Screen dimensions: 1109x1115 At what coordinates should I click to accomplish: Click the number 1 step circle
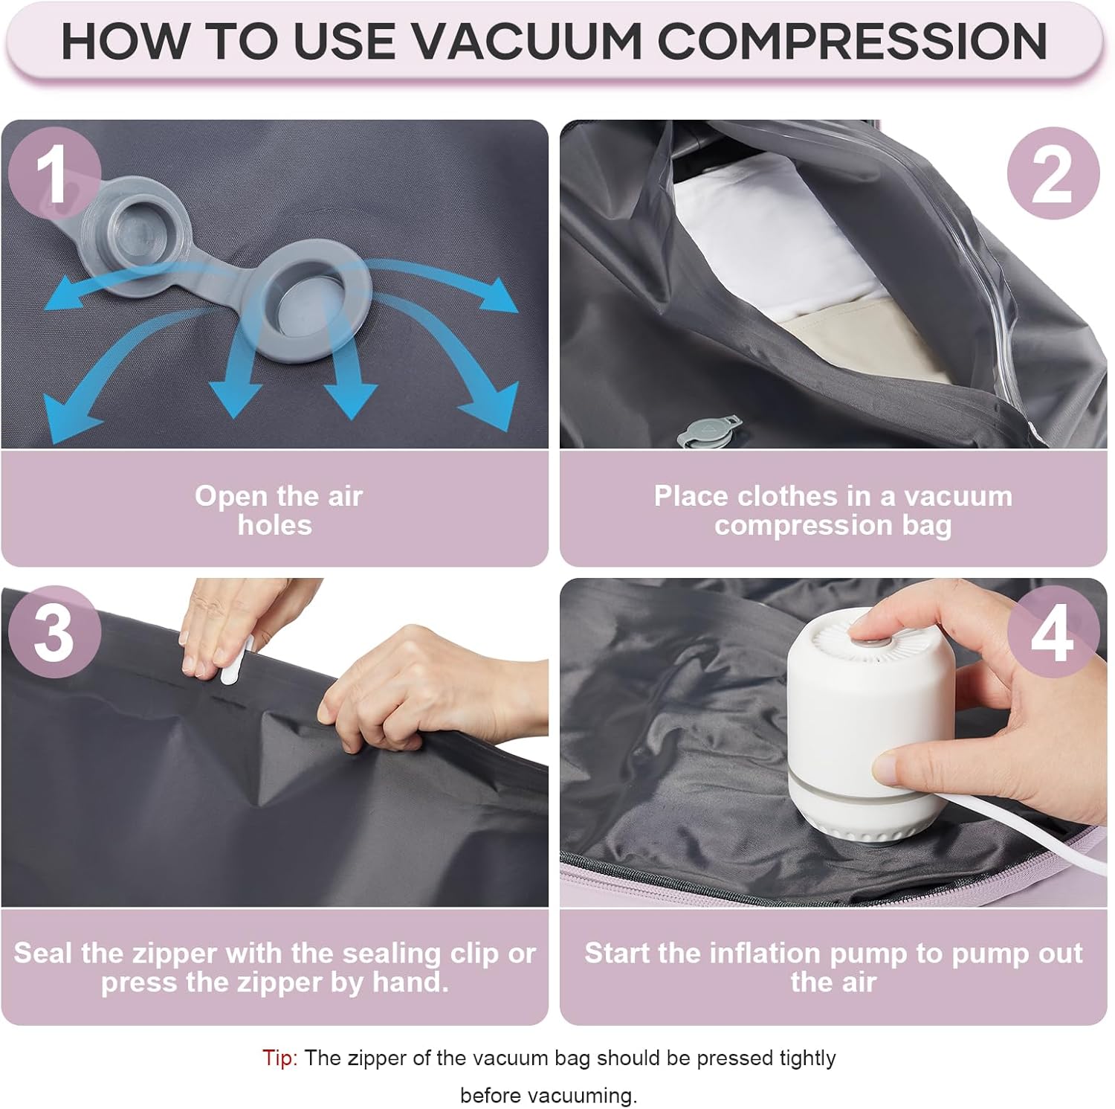click(54, 174)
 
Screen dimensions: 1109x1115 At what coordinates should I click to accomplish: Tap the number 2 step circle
click(1053, 174)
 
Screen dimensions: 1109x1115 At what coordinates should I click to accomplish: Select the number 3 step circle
click(54, 632)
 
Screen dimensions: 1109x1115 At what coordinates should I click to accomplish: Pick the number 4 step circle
click(1053, 632)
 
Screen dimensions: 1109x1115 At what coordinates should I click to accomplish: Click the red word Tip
click(279, 1058)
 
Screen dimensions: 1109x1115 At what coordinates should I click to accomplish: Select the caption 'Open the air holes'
click(277, 510)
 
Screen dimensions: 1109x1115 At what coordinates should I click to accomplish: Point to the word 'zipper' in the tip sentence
click(379, 1058)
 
